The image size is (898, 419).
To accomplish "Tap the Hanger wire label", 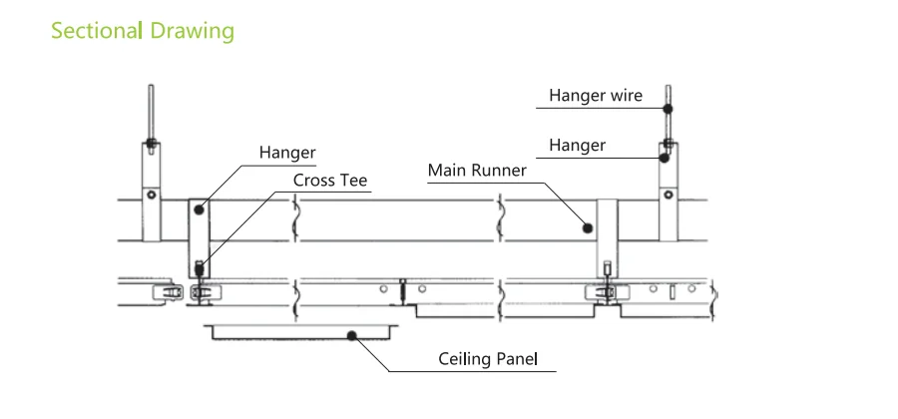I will [x=596, y=96].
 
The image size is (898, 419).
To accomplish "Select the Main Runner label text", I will [x=477, y=170].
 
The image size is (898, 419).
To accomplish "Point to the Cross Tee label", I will [x=330, y=181].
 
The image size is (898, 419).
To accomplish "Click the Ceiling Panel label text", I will [x=496, y=358].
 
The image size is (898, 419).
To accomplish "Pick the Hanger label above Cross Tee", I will [x=287, y=153].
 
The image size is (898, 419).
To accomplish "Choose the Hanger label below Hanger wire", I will [x=577, y=146].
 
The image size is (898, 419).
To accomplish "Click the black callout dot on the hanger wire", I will [x=667, y=108].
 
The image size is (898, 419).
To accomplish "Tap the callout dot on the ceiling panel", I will [x=351, y=335].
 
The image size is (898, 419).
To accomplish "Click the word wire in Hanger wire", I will [x=624, y=96].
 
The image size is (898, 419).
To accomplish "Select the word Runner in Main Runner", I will [x=500, y=170].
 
